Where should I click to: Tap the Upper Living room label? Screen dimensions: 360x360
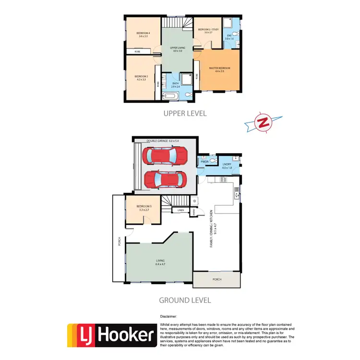click(178, 49)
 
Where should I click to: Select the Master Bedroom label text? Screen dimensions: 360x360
click(219, 70)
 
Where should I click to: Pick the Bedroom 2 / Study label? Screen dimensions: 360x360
click(208, 31)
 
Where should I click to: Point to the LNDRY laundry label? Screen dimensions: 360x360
click(227, 166)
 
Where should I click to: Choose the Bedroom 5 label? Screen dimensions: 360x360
click(137, 208)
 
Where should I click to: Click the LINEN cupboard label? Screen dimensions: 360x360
click(180, 210)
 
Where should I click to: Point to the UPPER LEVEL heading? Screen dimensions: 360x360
click(185, 114)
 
